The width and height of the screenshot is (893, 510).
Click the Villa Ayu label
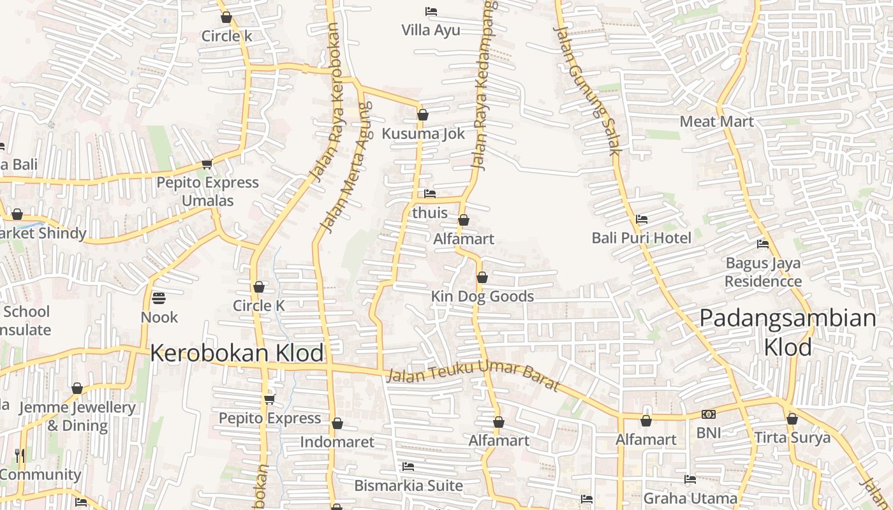tap(431, 30)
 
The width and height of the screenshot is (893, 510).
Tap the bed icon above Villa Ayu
tap(431, 11)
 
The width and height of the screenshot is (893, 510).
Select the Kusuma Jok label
tap(424, 134)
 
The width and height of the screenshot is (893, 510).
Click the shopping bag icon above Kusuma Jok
tap(422, 115)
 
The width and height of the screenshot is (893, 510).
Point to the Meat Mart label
tap(717, 121)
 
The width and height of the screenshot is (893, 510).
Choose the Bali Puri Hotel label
tap(641, 238)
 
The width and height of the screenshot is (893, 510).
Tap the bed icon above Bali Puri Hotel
tap(642, 219)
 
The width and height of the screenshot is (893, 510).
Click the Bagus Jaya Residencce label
tap(763, 272)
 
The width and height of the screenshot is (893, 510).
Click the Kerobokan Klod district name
tap(237, 353)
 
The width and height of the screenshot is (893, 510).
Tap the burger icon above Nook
tap(158, 298)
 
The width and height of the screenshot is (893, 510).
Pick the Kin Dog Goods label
tap(482, 296)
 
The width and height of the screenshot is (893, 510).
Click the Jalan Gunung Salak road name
tap(587, 90)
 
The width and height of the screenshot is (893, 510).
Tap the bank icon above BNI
tap(708, 414)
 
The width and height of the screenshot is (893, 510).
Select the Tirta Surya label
tap(792, 438)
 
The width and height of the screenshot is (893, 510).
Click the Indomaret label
tap(337, 442)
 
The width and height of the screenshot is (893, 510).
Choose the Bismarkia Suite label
tap(408, 485)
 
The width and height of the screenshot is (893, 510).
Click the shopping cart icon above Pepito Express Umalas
tap(207, 164)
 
